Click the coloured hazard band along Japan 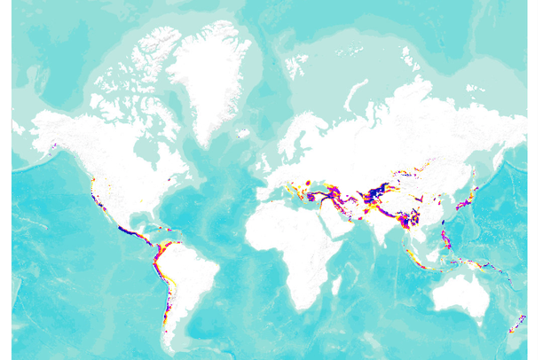tap(468, 199)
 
